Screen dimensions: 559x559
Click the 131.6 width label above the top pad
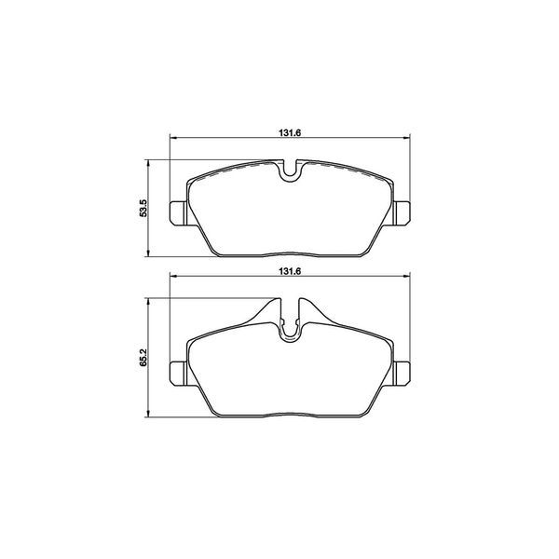pos(290,132)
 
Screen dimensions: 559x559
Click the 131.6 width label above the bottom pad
pos(290,271)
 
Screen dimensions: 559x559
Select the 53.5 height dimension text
pos(143,208)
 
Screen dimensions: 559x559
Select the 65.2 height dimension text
pos(143,358)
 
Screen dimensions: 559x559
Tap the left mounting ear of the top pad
pos(178,213)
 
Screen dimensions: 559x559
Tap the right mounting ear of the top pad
pos(402,213)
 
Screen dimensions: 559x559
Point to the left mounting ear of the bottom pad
pos(178,374)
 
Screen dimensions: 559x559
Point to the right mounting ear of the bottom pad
pos(402,374)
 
